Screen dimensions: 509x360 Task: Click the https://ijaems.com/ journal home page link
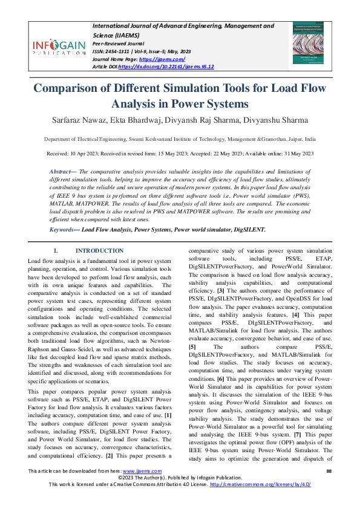pyautogui.click(x=154, y=59)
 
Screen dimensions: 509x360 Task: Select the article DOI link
pyautogui.click(x=166, y=66)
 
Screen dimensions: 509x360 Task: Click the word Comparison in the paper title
pyautogui.click(x=71, y=88)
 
